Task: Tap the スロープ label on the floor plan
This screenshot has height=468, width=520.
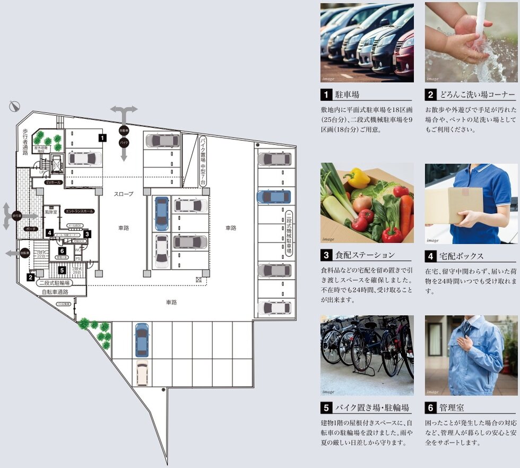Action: (x=124, y=194)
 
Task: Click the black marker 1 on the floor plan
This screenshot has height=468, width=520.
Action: (x=102, y=137)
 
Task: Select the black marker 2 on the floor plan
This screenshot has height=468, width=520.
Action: (x=31, y=277)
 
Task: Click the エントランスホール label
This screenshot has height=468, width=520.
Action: (x=79, y=211)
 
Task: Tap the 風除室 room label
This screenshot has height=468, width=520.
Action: (x=51, y=211)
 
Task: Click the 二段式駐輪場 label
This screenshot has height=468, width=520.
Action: (x=55, y=283)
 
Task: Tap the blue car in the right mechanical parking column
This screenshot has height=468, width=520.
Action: (x=274, y=197)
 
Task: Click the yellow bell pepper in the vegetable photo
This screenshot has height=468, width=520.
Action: (x=356, y=178)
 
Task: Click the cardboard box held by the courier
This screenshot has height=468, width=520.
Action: (x=448, y=205)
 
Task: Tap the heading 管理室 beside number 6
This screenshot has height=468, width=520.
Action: (x=452, y=408)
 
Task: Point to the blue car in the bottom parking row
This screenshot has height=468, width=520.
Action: (x=142, y=340)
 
